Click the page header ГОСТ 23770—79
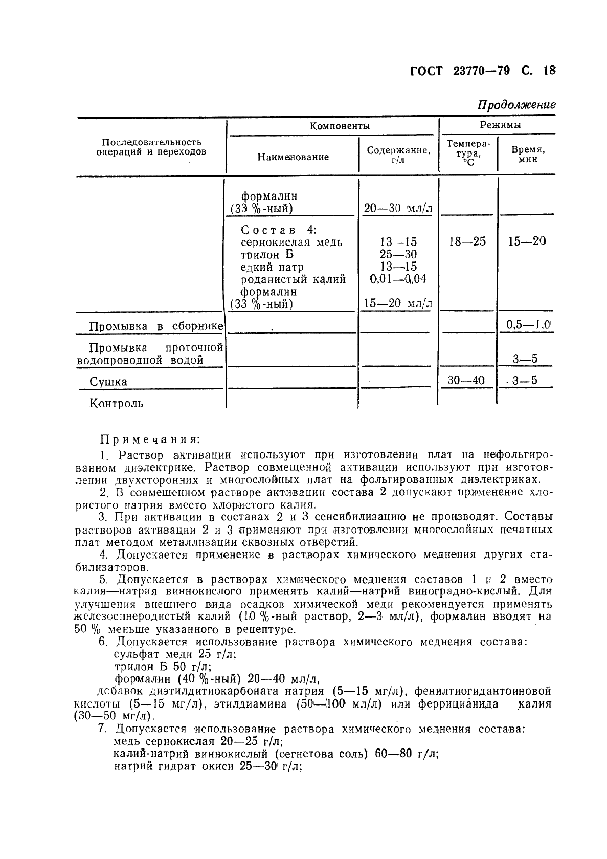click(x=460, y=71)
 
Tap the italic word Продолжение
click(x=516, y=105)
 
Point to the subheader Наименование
click(x=293, y=157)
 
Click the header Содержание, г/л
click(x=398, y=155)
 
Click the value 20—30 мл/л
click(x=398, y=208)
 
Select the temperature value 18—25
click(x=467, y=241)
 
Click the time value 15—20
click(x=527, y=241)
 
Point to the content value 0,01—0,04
click(x=397, y=279)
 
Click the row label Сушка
click(x=108, y=382)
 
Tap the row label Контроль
click(x=117, y=403)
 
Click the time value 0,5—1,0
click(x=528, y=324)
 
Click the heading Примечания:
click(x=150, y=439)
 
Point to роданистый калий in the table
click(x=293, y=279)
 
